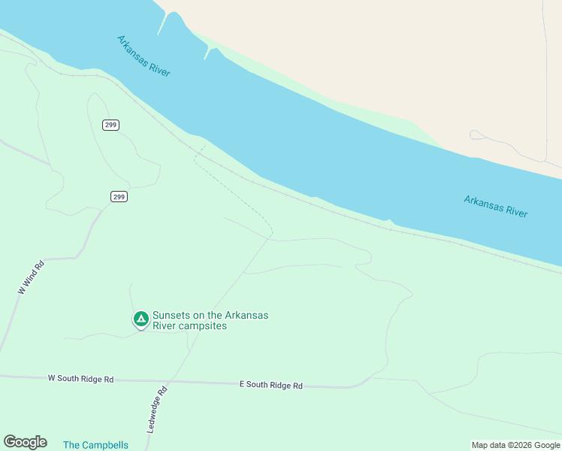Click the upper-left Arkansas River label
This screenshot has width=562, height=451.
pyautogui.click(x=144, y=56)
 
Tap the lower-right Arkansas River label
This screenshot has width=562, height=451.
pyautogui.click(x=495, y=207)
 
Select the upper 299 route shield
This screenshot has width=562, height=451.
pyautogui.click(x=111, y=125)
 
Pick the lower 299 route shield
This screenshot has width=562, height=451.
pyautogui.click(x=119, y=197)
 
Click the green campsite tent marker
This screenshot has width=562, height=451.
pyautogui.click(x=140, y=319)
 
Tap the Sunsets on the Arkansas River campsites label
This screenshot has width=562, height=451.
pyautogui.click(x=210, y=321)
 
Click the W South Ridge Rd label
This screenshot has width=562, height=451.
pyautogui.click(x=80, y=379)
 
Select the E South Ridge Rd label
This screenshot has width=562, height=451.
pyautogui.click(x=270, y=385)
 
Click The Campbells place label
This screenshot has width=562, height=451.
pyautogui.click(x=95, y=445)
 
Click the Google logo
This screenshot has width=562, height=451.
pyautogui.click(x=25, y=442)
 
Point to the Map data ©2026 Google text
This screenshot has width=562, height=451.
pyautogui.click(x=515, y=445)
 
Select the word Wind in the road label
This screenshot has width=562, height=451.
pyautogui.click(x=31, y=274)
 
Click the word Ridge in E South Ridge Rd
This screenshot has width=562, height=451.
pyautogui.click(x=281, y=385)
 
